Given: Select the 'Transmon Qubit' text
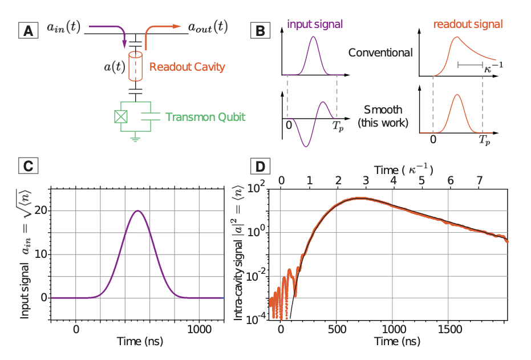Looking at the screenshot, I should (x=205, y=117).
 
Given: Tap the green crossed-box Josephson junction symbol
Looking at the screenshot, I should (x=120, y=116).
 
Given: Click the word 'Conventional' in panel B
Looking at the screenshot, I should (x=380, y=53).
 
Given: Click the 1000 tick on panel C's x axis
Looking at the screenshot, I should (x=200, y=329).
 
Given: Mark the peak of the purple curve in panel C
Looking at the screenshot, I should (x=137, y=211).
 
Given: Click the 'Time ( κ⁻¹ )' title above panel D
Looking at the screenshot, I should (x=404, y=169).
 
